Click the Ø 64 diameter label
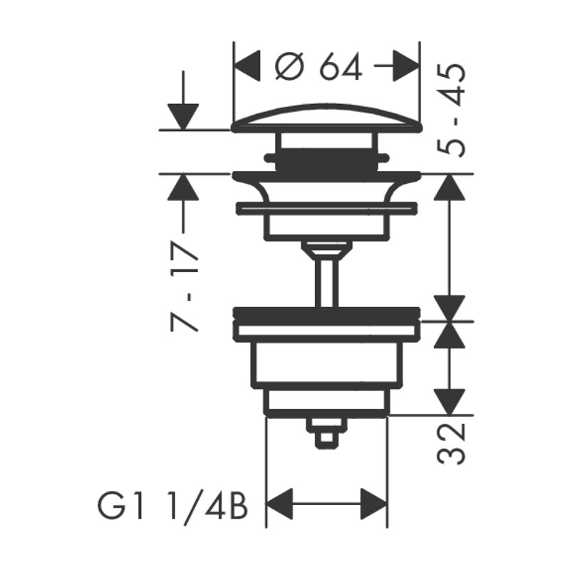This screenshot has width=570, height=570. click(318, 66)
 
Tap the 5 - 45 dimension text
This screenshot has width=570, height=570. click(451, 110)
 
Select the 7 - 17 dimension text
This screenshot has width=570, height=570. click(185, 286)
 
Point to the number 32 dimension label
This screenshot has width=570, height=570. click(451, 443)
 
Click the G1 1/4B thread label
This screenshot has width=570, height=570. click(173, 506)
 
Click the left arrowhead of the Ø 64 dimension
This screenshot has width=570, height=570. click(247, 66)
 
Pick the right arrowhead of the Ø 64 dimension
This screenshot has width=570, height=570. click(407, 66)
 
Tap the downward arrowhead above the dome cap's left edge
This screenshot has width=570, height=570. click(183, 117)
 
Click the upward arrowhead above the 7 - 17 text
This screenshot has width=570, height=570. click(183, 187)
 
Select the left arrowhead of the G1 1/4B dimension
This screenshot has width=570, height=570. click(279, 504)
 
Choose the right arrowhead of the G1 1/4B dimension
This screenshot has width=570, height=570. click(374, 504)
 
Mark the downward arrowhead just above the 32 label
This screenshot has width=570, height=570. click(450, 402)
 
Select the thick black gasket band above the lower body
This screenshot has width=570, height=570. click(326, 316)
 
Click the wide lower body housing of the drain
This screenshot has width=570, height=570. click(327, 363)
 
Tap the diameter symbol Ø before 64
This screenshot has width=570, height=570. click(289, 66)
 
